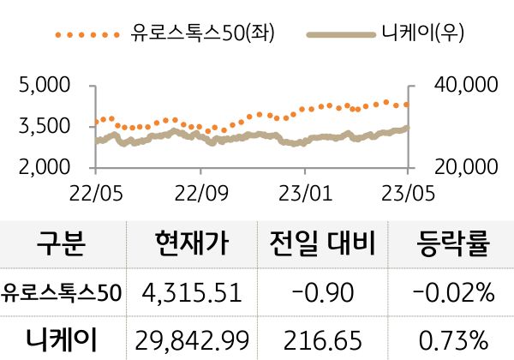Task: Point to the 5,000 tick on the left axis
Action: click(x=44, y=86)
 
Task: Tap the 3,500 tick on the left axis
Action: click(x=44, y=127)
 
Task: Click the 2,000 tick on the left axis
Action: click(x=44, y=167)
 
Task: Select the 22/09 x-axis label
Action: click(x=200, y=189)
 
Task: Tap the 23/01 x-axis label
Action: click(x=306, y=189)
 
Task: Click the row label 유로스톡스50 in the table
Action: click(x=62, y=293)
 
